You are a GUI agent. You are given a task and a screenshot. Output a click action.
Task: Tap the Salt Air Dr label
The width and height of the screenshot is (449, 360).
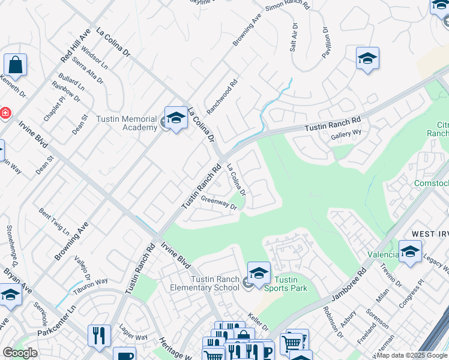(294, 37)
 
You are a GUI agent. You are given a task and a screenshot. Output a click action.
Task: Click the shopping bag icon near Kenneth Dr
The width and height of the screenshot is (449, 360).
(15, 65)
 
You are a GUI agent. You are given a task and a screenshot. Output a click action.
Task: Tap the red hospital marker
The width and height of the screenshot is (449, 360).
(4, 113)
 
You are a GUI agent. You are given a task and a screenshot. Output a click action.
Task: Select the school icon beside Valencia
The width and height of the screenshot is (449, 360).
(410, 251)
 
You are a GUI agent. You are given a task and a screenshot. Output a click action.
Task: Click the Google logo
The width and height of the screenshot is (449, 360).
(20, 353)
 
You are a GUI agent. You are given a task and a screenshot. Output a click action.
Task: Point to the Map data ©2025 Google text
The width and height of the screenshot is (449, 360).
(412, 355)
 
